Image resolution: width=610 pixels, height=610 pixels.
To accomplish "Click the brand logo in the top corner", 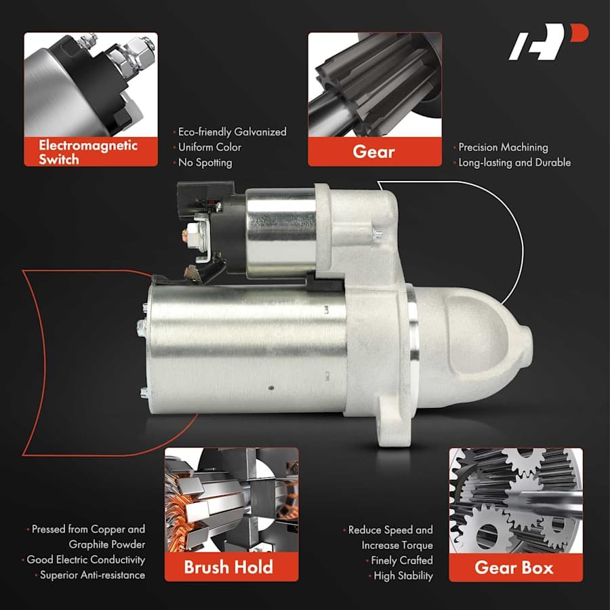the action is [x=548, y=42].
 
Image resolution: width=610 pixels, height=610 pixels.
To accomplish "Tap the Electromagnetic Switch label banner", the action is [x=91, y=152].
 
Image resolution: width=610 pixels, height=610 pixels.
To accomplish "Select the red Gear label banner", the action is [x=375, y=152].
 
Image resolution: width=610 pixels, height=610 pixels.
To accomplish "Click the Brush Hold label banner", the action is [x=232, y=567].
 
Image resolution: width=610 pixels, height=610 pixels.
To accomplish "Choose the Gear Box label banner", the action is [x=516, y=567].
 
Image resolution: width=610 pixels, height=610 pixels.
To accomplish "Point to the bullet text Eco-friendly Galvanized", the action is [x=232, y=132].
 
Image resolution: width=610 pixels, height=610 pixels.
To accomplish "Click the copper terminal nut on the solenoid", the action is [x=185, y=235].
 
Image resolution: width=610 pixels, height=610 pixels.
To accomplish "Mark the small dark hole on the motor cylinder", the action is [x=272, y=388].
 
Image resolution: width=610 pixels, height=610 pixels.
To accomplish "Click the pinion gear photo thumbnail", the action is [x=375, y=85].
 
